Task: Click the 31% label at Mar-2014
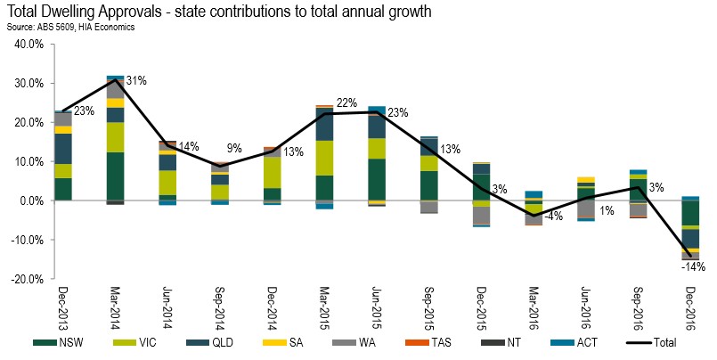click(136, 82)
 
